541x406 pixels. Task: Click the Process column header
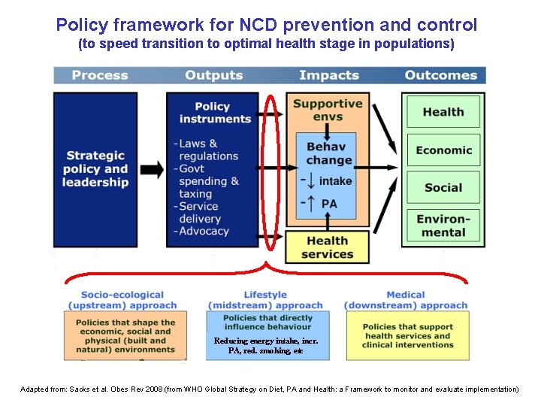coord(100,75)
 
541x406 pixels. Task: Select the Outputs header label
coord(213,75)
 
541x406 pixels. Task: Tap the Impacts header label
coord(328,75)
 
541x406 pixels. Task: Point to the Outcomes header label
coord(441,75)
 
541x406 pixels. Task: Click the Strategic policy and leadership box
coord(95,169)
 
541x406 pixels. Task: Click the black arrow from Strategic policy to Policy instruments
coord(152,169)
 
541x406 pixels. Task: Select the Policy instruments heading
coord(212,113)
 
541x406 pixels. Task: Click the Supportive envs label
coord(328,110)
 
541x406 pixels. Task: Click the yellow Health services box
coord(328,247)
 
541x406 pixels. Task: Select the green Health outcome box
coord(443,112)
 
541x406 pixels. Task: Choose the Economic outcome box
coord(443,150)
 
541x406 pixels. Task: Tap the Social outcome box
coord(443,187)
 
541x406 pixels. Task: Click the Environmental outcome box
coord(443,226)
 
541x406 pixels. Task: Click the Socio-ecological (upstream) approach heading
coord(122,300)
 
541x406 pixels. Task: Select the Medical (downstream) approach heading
coord(406,300)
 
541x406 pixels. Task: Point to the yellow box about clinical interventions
coord(407,335)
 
